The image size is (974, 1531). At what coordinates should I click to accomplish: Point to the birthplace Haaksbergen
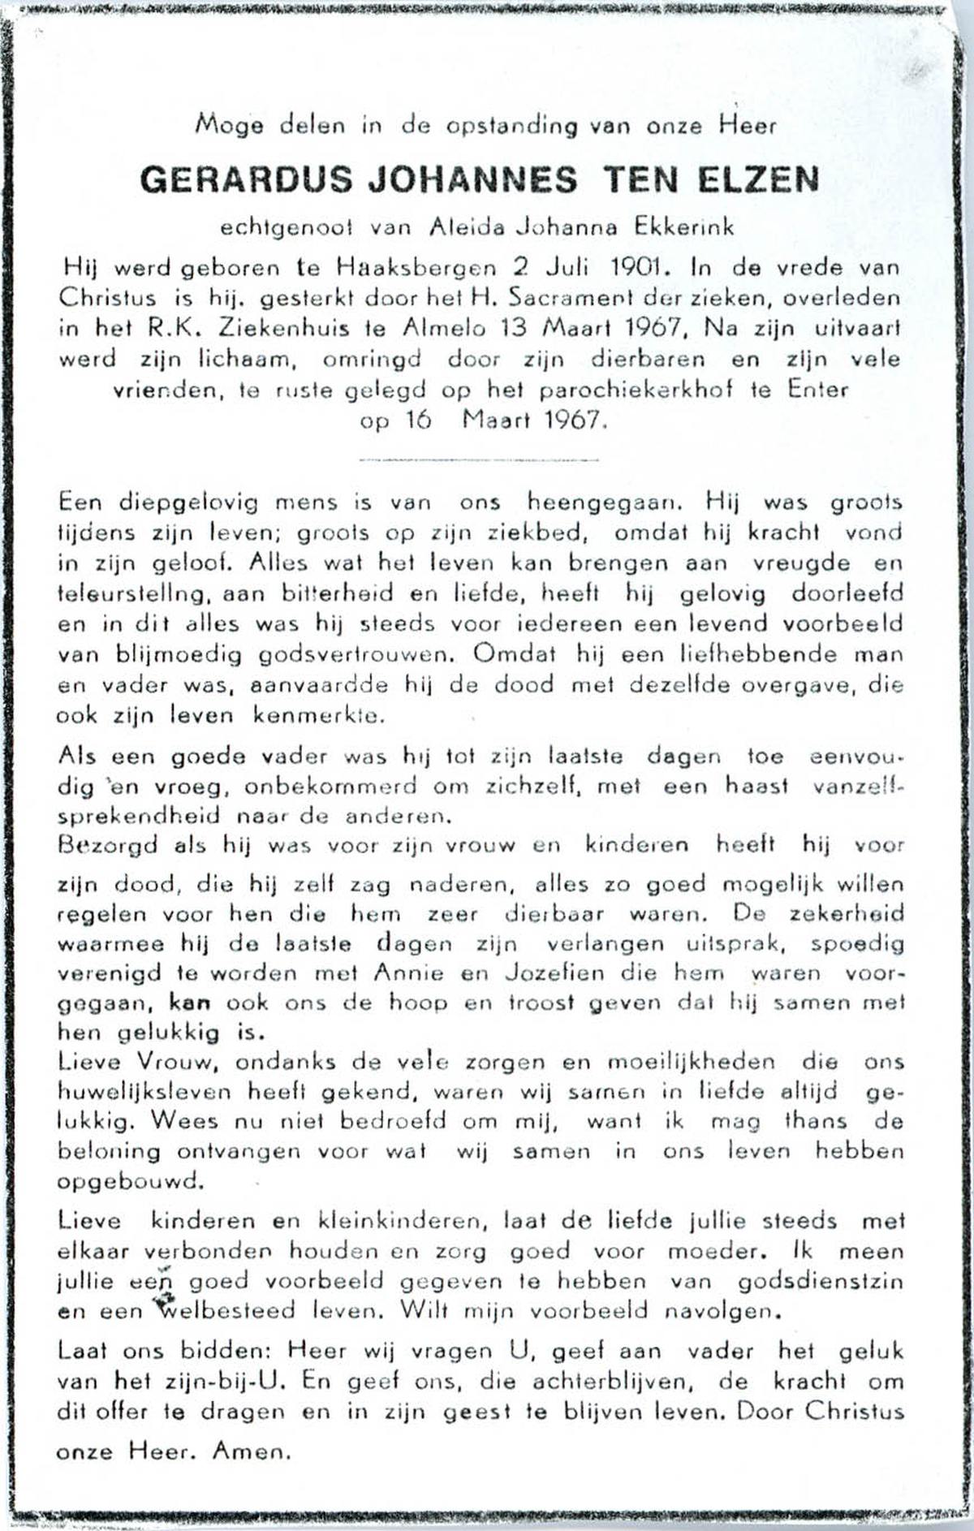(x=415, y=268)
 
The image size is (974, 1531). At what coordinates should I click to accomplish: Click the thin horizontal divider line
(x=479, y=460)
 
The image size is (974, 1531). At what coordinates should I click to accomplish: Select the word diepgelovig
(x=188, y=503)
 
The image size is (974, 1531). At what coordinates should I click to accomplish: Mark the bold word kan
(x=190, y=1003)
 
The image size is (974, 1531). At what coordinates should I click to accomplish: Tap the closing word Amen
(x=251, y=1451)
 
